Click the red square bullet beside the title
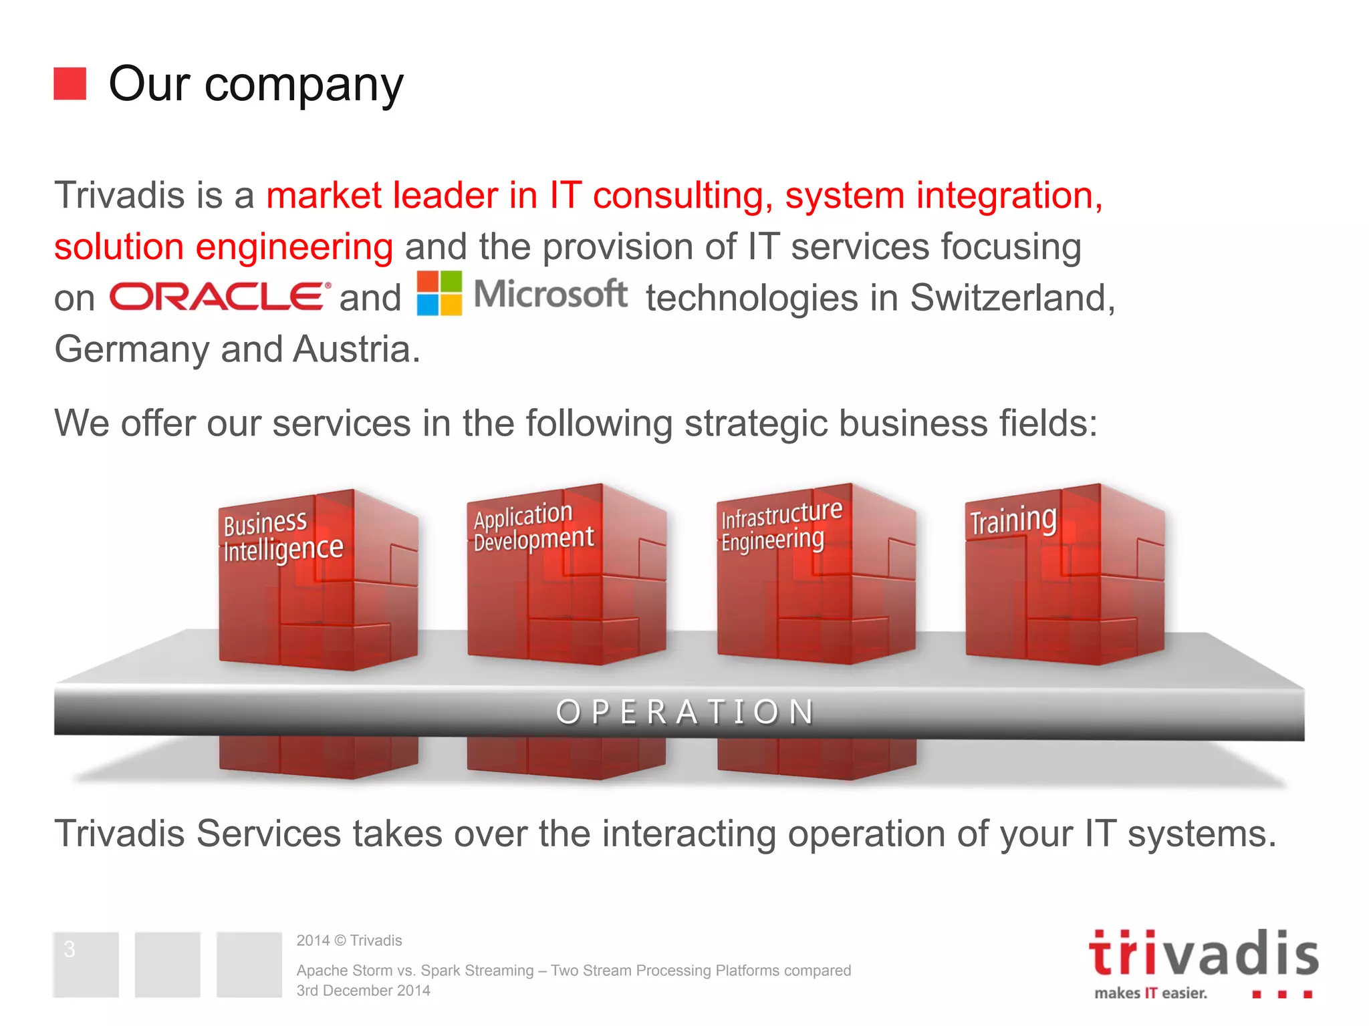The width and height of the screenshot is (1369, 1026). pos(70,83)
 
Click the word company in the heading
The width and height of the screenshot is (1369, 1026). pos(303,85)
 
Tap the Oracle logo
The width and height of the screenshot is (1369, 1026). pos(220,296)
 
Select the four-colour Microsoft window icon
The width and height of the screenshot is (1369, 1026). pos(439,293)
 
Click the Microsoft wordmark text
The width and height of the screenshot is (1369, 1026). pos(550,295)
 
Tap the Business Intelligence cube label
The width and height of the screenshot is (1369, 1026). pos(282,536)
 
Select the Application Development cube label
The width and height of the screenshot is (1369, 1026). pos(532,526)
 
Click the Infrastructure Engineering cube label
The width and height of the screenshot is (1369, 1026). pos(780,526)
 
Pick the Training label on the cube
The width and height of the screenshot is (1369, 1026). pos(1013,520)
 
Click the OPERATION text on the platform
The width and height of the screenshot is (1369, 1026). pos(685,712)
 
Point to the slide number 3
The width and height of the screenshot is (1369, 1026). pos(70,949)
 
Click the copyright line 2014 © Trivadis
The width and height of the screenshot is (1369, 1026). pos(349,940)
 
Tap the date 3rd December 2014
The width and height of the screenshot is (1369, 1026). pos(363,991)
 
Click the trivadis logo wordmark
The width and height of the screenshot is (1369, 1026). pos(1203,954)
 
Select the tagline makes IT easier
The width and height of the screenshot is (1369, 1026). pos(1150,993)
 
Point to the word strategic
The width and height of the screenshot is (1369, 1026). pos(756,423)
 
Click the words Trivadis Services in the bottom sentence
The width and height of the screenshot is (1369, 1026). pos(198,834)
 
